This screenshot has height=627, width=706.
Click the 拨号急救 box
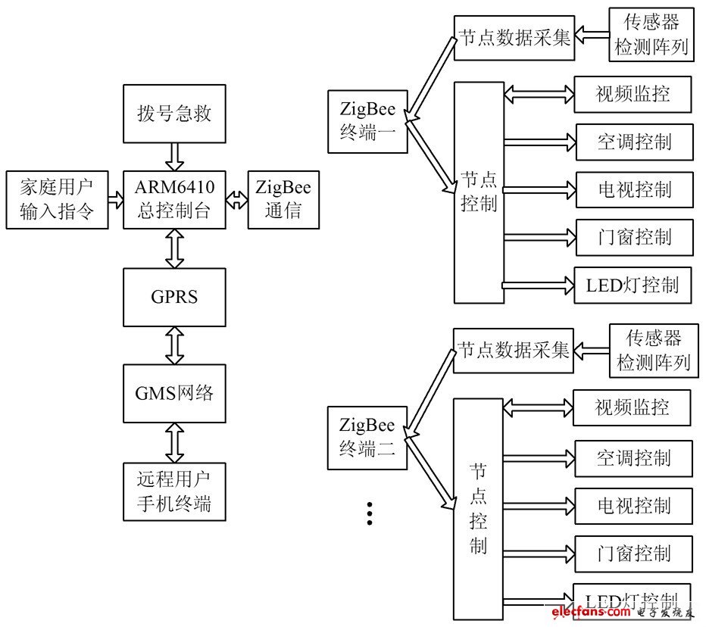[x=174, y=114]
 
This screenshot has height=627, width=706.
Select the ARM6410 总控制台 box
[x=174, y=200]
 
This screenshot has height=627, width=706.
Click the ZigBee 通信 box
[x=283, y=200]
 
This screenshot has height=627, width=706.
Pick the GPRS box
[x=174, y=297]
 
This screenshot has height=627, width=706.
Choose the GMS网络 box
[x=174, y=393]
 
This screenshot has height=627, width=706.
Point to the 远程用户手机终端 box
[x=174, y=491]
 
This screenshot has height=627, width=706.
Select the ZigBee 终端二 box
[x=367, y=438]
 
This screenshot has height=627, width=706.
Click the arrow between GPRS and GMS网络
[x=175, y=345]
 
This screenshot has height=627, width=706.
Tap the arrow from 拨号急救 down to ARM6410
[x=175, y=157]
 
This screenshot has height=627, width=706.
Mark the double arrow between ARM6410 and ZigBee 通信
[x=237, y=200]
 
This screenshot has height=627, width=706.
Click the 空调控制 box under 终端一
[x=634, y=142]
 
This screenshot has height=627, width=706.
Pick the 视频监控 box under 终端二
[x=632, y=408]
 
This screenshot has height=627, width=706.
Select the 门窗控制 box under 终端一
[x=634, y=237]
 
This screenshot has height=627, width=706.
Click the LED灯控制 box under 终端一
[x=633, y=285]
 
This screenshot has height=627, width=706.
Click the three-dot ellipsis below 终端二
[x=370, y=513]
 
